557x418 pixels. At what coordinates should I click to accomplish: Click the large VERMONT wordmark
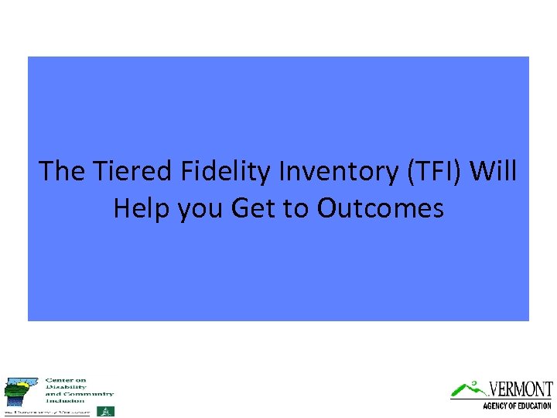click(521, 389)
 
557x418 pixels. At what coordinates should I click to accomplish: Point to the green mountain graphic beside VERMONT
click(467, 387)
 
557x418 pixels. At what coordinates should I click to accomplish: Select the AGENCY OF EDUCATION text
click(516, 405)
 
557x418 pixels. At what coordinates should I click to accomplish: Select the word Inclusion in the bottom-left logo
click(65, 400)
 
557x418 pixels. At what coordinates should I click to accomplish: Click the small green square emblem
click(104, 411)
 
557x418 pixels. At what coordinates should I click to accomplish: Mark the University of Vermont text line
click(48, 412)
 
